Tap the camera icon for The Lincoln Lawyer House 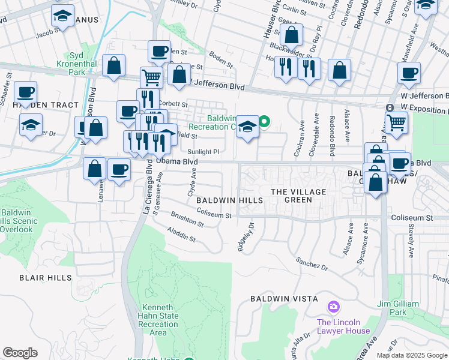334,307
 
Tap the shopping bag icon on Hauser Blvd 291,35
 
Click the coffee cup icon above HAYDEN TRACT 26,92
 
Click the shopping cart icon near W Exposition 396,122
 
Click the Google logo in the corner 20,353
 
